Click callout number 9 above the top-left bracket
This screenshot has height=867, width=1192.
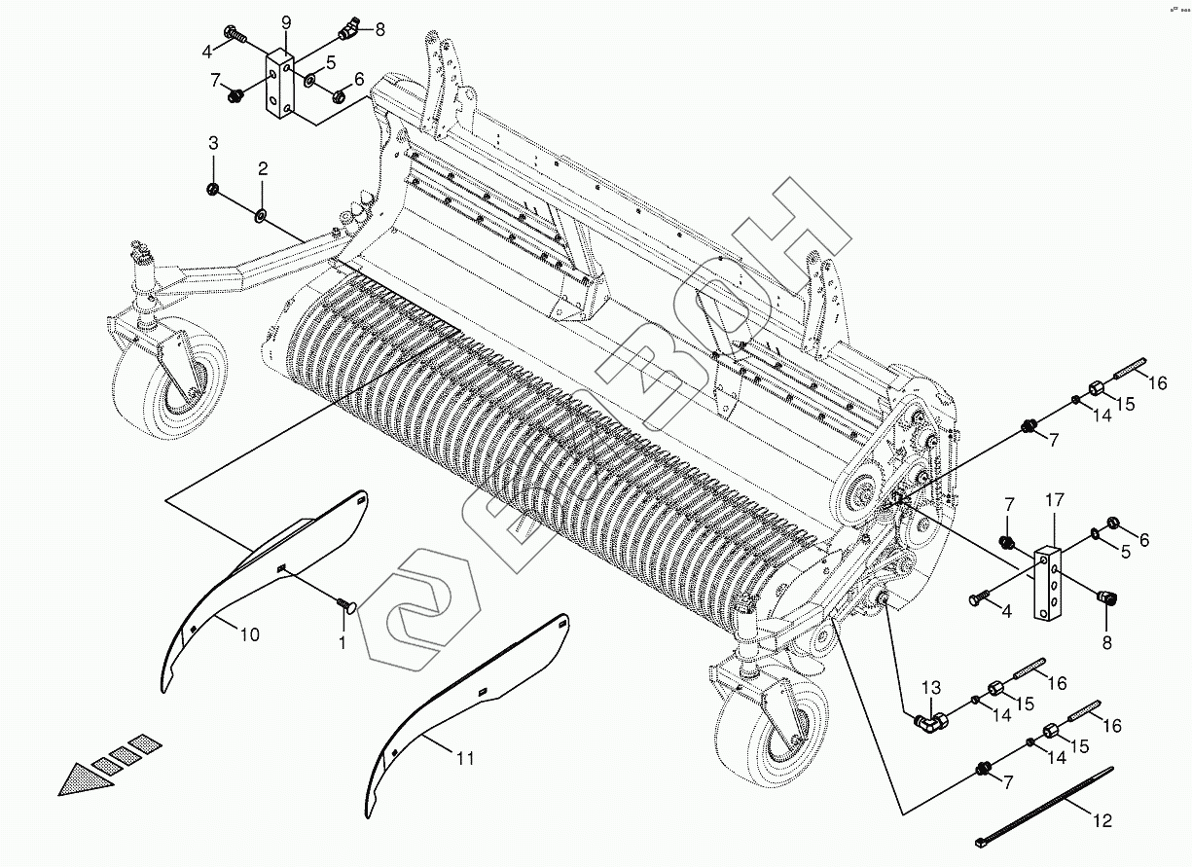tap(286, 21)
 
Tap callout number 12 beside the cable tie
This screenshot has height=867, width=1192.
tap(1102, 820)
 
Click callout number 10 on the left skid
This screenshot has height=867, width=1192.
tap(250, 634)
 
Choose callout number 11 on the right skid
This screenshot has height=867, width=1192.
tap(465, 758)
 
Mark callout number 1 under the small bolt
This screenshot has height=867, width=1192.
tap(342, 643)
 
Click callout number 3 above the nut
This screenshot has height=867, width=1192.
tap(213, 144)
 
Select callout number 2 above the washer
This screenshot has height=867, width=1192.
tap(263, 168)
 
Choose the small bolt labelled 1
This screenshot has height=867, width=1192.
tap(344, 606)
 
